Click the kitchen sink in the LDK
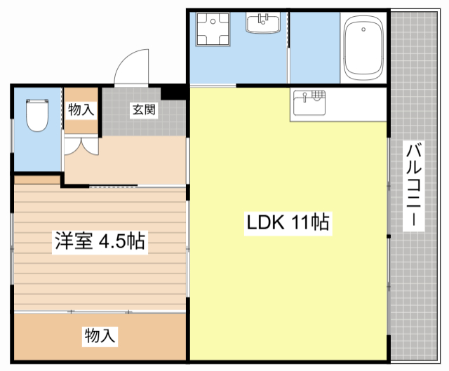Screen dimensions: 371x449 pos(309,104)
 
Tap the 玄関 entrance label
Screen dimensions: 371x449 pos(143,109)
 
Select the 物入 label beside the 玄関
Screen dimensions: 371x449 pos(81,109)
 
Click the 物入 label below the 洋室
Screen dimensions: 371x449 pos(99,335)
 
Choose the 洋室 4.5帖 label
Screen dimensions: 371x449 pos(99,242)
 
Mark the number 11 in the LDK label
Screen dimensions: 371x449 pos(303,223)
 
